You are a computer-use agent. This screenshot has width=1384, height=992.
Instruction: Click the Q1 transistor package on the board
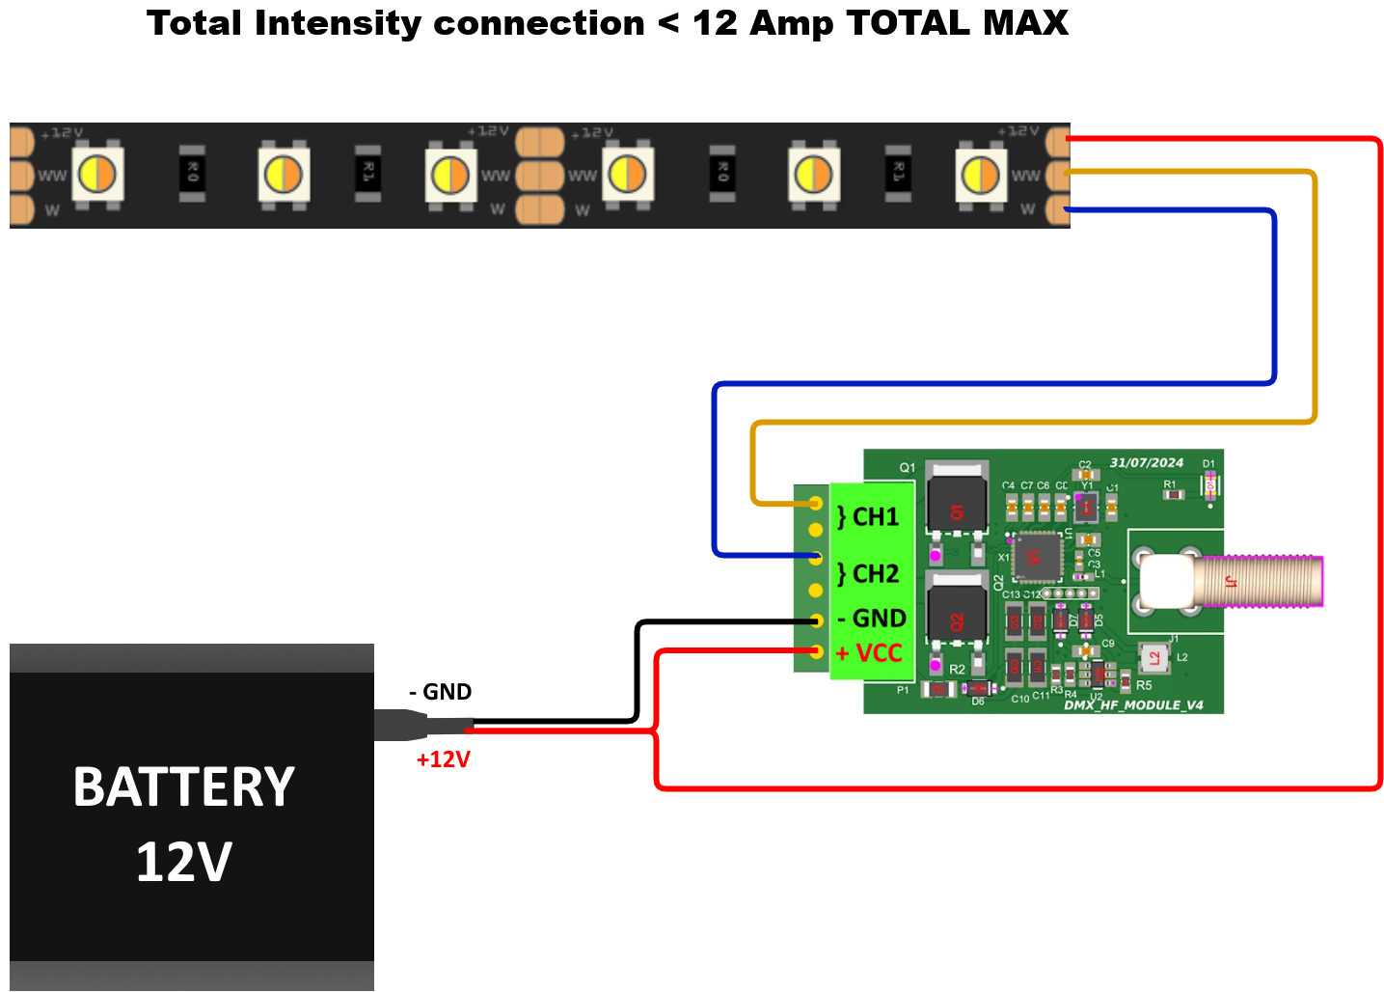point(957,499)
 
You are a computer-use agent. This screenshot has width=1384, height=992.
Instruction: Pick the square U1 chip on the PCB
point(1036,557)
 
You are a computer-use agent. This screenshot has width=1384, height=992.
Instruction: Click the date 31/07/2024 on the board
point(1146,463)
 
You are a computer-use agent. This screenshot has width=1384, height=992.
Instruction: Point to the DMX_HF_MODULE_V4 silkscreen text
point(1133,705)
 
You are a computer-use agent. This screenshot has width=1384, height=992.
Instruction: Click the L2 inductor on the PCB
point(1154,659)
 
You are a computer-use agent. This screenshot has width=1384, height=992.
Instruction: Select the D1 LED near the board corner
point(1209,485)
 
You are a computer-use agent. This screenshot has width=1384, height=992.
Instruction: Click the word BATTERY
point(184,787)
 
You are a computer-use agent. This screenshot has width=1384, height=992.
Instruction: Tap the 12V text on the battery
point(184,862)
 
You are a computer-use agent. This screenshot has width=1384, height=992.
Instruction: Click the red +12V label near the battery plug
point(443,760)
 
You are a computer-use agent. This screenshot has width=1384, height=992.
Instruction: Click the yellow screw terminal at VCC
point(816,651)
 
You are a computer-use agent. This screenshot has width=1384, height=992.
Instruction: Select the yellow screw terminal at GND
point(816,620)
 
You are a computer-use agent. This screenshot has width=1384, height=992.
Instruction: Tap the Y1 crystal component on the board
point(1086,506)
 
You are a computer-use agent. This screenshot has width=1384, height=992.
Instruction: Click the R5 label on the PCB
point(1144,686)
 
